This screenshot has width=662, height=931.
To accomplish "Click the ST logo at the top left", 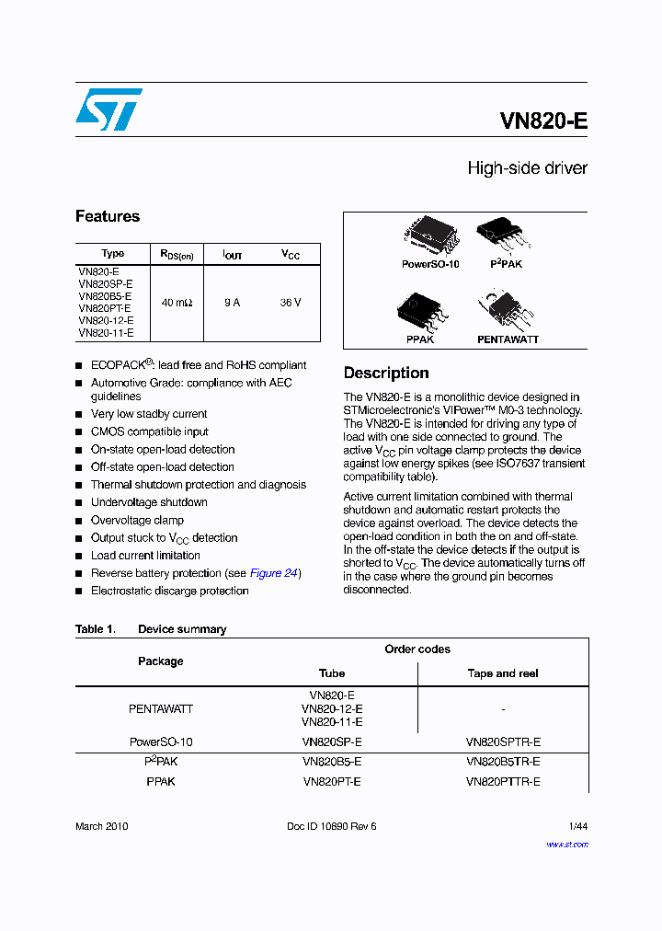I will (x=108, y=109).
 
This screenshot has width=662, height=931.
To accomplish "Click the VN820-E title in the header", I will (x=543, y=122).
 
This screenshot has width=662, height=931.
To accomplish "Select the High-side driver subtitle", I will (x=527, y=168).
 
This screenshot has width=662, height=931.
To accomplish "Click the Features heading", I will (x=108, y=217).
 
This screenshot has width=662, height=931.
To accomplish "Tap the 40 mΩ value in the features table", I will (x=177, y=303).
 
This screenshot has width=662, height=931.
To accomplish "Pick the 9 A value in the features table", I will (x=232, y=303).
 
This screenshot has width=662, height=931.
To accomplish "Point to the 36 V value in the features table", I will (x=291, y=303).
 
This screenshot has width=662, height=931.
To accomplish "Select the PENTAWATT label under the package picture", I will (x=508, y=339).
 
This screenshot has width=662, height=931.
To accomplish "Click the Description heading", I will (x=386, y=374).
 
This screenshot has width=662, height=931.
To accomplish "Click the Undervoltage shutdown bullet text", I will (x=149, y=502).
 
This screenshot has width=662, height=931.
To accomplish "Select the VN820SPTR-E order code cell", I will (x=503, y=741).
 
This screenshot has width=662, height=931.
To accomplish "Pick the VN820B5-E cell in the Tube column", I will (x=332, y=762).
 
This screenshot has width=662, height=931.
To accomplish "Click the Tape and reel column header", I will (x=503, y=673).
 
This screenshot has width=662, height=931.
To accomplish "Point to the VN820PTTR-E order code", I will (x=503, y=782).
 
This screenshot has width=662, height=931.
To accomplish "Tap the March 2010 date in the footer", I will (x=102, y=826).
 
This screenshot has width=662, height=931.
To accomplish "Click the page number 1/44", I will (x=577, y=826).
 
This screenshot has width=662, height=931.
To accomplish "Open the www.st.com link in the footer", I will (x=566, y=844).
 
